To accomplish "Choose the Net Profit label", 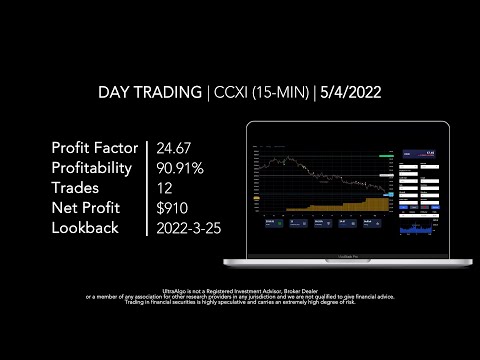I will tap(86, 207).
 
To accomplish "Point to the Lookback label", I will tap(85, 227).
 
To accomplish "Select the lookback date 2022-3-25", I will tap(190, 227).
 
